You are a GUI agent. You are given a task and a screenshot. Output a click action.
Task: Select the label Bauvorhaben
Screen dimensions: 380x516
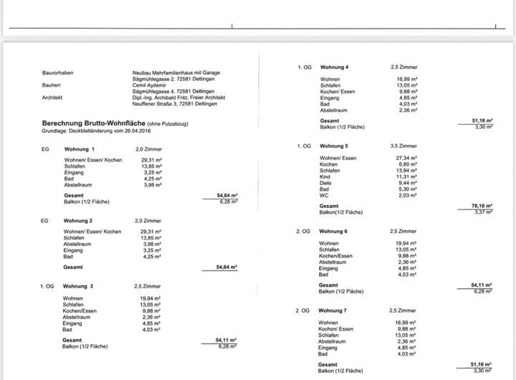pos(57,72)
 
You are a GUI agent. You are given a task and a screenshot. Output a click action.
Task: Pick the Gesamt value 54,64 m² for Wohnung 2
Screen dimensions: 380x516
pos(226,267)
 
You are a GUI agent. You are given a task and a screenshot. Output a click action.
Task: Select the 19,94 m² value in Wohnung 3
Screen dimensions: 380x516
pos(150,298)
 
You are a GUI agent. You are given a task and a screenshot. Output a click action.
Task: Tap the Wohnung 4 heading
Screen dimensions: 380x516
pos(335,67)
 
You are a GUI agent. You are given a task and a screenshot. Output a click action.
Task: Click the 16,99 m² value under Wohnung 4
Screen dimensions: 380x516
pos(407,79)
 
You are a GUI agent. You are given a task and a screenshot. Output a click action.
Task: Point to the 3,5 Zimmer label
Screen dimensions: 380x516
pos(403,146)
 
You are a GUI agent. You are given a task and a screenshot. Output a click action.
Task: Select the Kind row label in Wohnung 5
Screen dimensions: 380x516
pos(325,176)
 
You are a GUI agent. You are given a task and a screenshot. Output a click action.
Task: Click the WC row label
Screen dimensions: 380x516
pos(324,195)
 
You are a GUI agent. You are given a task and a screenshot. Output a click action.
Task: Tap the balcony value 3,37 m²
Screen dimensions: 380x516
pos(482,212)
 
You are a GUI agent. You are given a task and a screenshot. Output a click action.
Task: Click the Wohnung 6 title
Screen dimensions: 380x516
pos(334,232)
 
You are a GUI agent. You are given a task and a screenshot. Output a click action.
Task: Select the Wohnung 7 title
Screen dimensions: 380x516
pos(334,310)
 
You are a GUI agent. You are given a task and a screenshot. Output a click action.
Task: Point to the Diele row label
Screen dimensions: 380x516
pos(325,183)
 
